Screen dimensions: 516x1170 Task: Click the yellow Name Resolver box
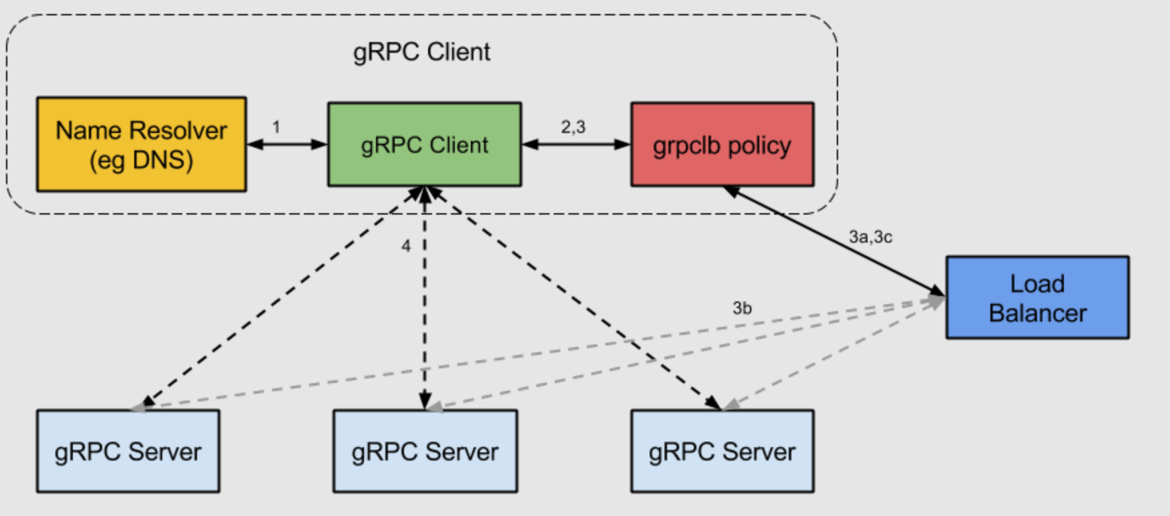(x=141, y=144)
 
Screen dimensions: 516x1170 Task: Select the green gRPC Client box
(x=424, y=144)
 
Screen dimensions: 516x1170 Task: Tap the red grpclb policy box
(x=722, y=144)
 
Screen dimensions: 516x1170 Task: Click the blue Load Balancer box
(x=1037, y=297)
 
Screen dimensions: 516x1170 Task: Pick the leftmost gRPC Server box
(x=128, y=451)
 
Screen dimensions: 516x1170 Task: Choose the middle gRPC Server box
(x=425, y=451)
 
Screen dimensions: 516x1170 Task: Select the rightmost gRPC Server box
(x=722, y=451)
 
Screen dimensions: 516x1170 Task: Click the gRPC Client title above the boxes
(x=421, y=52)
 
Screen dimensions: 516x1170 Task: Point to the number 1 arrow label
(x=276, y=126)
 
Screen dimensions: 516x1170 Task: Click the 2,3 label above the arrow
(x=573, y=126)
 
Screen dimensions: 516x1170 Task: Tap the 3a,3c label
(x=870, y=237)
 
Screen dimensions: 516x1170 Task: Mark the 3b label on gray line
(x=742, y=308)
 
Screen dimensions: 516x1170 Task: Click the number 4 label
(x=405, y=246)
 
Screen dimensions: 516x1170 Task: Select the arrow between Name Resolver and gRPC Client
(x=286, y=144)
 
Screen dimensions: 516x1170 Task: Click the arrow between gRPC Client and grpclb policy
(x=576, y=144)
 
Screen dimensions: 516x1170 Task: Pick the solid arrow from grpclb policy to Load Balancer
(x=835, y=241)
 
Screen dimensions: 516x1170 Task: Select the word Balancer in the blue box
(x=1037, y=313)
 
